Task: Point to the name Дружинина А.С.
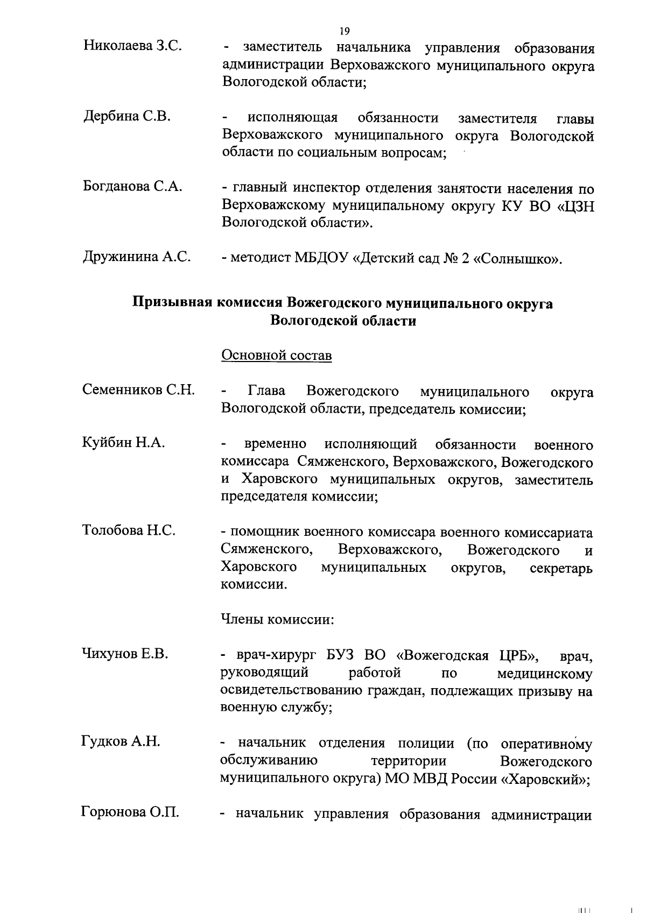[x=137, y=256]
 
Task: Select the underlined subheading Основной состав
[x=277, y=356]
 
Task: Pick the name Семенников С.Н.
[x=138, y=390]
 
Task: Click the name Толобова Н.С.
[x=129, y=530]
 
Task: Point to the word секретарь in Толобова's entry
[x=561, y=569]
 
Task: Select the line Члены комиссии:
[x=278, y=619]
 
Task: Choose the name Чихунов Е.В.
[x=125, y=654]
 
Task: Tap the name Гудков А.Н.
[x=121, y=741]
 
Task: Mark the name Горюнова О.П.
[x=130, y=811]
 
